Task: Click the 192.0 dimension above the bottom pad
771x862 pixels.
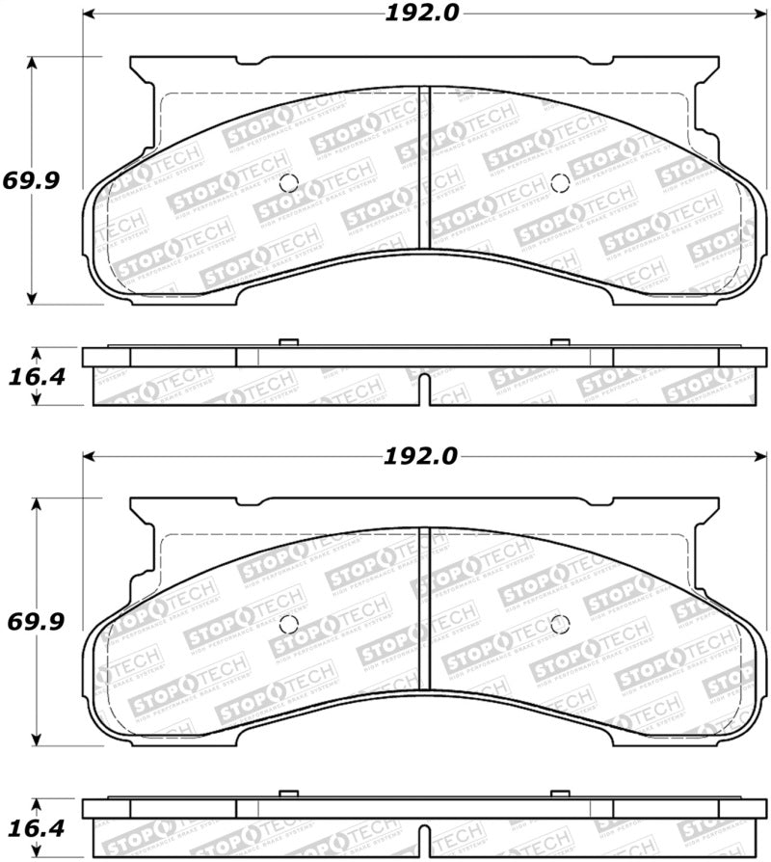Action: [x=420, y=456]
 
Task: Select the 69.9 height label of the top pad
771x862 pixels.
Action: [x=37, y=179]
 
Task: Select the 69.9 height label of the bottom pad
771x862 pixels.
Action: [x=37, y=622]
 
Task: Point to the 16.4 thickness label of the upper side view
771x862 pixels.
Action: [x=36, y=377]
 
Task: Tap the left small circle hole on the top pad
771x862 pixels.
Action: [x=287, y=184]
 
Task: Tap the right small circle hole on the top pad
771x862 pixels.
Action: [x=560, y=184]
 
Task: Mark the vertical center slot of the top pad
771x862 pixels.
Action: [x=424, y=169]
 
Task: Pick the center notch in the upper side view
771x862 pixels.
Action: [x=424, y=391]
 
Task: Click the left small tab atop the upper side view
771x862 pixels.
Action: [x=286, y=343]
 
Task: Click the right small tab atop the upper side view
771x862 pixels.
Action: [x=560, y=343]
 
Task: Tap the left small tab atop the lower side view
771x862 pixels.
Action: [x=286, y=794]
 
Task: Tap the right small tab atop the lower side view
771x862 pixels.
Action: [x=560, y=794]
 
